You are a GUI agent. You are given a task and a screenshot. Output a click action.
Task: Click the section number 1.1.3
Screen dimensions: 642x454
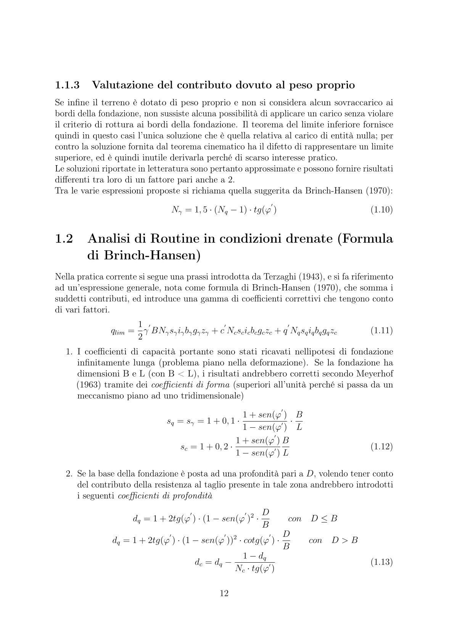pos(68,85)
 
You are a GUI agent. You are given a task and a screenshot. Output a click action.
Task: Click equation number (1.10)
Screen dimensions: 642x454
pos(382,209)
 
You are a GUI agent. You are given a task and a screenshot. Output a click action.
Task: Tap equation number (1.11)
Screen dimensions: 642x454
pos(382,330)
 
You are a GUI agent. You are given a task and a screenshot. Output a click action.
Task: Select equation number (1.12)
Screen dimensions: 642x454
pos(382,446)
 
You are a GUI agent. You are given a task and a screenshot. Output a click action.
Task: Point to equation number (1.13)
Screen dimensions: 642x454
pos(382,562)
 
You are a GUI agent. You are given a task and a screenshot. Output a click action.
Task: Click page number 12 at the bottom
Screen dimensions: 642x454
pos(224,593)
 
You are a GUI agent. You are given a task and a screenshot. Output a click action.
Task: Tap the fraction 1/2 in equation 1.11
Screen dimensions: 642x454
pos(140,330)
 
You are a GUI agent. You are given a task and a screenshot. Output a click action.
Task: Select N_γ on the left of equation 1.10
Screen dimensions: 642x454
pos(177,210)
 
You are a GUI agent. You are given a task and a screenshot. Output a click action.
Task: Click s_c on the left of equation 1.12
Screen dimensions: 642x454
pos(184,447)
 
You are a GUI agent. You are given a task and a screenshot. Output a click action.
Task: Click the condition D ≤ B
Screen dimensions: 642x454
pos(324,518)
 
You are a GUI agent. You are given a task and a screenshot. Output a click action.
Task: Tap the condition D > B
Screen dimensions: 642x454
pos(345,540)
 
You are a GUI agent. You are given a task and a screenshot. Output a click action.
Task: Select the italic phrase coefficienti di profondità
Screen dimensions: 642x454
pos(165,496)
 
